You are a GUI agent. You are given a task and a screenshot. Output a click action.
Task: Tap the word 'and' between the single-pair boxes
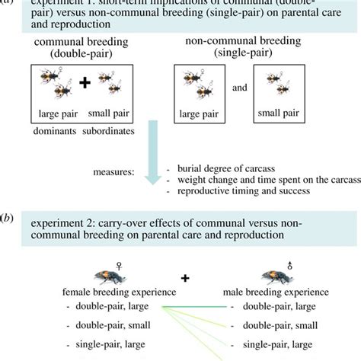[x=240, y=88]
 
